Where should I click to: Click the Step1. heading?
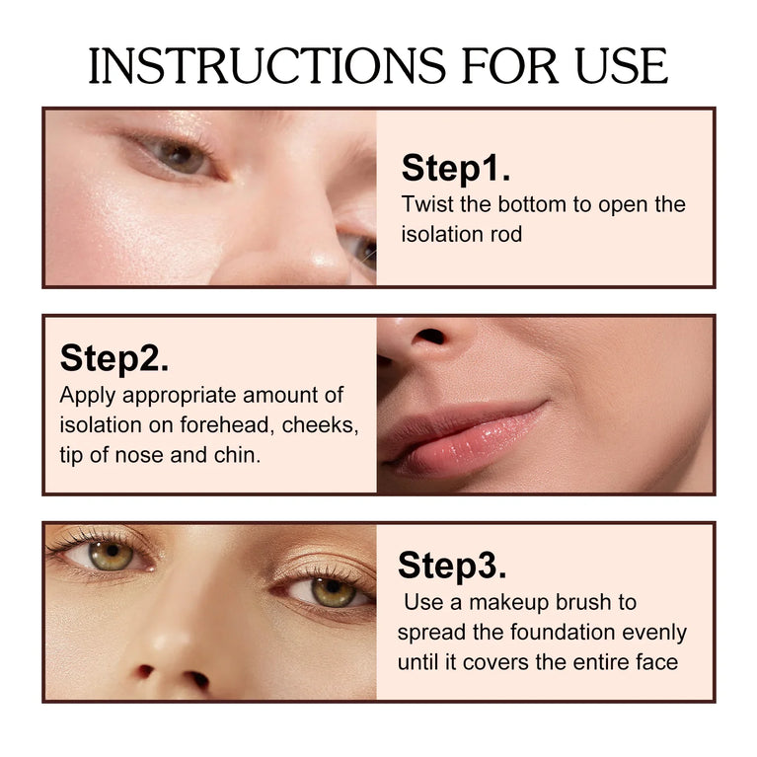[x=455, y=169]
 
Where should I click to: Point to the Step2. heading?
[x=114, y=358]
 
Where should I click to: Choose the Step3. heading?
[x=452, y=566]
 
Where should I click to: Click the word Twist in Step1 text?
[x=425, y=205]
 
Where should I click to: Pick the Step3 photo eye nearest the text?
[x=329, y=591]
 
